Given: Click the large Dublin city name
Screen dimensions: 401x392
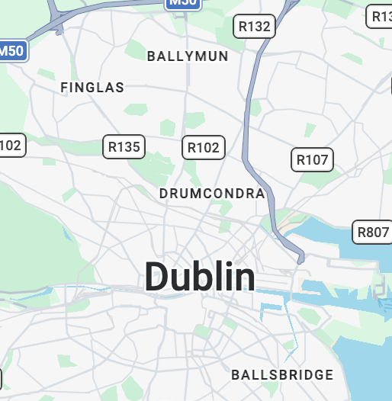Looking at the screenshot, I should (200, 277).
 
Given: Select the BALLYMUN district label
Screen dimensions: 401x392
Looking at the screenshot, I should (188, 56).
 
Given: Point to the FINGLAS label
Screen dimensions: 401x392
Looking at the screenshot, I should (92, 88).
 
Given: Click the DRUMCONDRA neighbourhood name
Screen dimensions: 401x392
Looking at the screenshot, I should (212, 194).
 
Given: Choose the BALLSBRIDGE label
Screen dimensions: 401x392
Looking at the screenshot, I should (282, 375).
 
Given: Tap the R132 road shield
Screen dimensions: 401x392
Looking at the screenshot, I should (254, 27).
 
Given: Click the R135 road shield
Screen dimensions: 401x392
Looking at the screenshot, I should (124, 146).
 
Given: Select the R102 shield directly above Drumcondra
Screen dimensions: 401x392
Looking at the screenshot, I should (204, 147).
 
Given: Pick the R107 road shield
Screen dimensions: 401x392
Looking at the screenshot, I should (312, 159).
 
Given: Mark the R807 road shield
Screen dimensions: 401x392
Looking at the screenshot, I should (372, 232).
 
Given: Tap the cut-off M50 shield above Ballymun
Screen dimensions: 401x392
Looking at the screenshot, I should (183, 3).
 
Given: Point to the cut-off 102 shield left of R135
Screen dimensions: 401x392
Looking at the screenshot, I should (11, 145).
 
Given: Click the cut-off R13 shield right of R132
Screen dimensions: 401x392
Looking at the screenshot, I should (380, 15).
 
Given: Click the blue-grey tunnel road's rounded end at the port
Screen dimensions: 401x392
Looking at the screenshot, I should (301, 258).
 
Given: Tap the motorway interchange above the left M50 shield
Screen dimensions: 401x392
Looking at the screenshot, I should (57, 27).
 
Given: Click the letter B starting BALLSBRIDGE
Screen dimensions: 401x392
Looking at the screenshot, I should (236, 375).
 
